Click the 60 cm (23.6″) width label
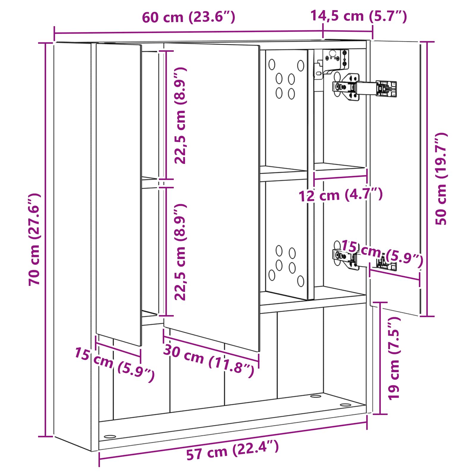click(x=189, y=17)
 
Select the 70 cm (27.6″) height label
click(x=35, y=239)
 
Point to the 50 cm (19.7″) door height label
click(x=441, y=178)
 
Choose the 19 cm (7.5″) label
click(x=394, y=358)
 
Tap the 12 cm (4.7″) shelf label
click(x=341, y=195)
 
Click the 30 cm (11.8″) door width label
click(x=209, y=361)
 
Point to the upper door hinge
click(x=364, y=87)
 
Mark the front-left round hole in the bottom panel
click(x=110, y=437)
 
